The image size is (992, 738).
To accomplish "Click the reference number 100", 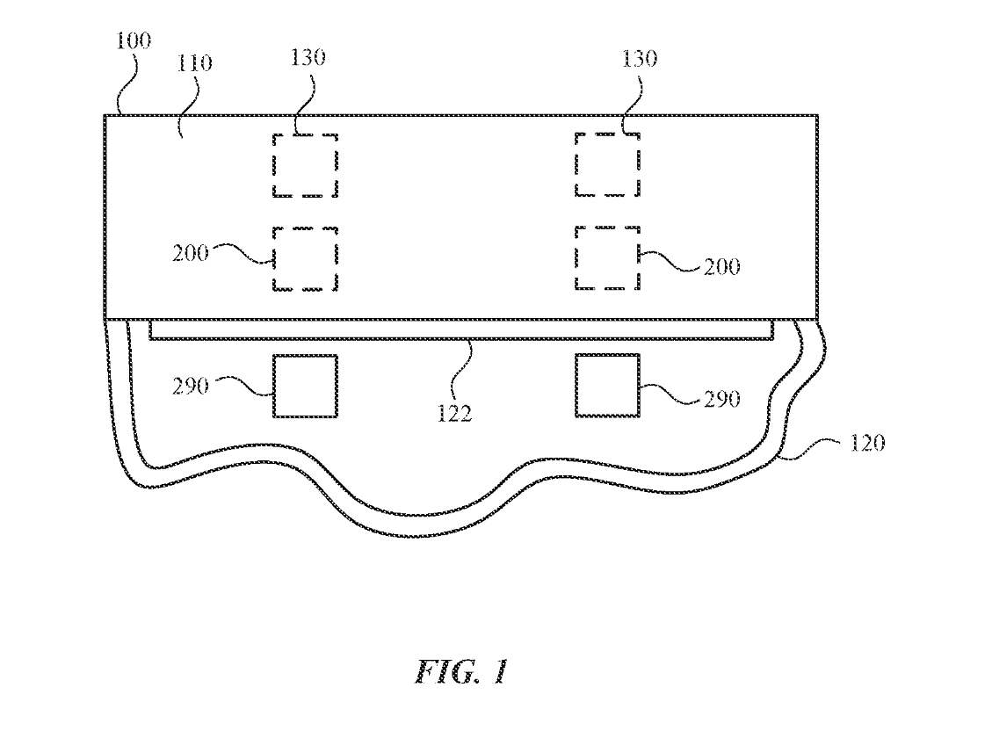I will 134,41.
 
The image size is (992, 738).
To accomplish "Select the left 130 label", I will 308,58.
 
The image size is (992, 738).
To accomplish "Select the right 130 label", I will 639,59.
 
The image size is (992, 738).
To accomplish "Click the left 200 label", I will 191,253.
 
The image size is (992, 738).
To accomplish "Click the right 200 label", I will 721,266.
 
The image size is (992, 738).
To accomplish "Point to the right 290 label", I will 721,399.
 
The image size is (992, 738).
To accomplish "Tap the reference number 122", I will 455,411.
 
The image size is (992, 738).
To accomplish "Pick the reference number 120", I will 867,442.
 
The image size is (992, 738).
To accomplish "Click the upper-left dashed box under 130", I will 305,165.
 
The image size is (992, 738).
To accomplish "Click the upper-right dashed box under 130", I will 607,165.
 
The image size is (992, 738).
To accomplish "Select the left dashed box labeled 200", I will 305,258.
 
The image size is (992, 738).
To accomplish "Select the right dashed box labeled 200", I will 607,258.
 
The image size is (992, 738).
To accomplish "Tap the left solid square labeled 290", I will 305,386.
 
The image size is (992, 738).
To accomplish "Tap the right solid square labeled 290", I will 607,386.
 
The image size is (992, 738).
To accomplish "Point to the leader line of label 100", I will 117,83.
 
